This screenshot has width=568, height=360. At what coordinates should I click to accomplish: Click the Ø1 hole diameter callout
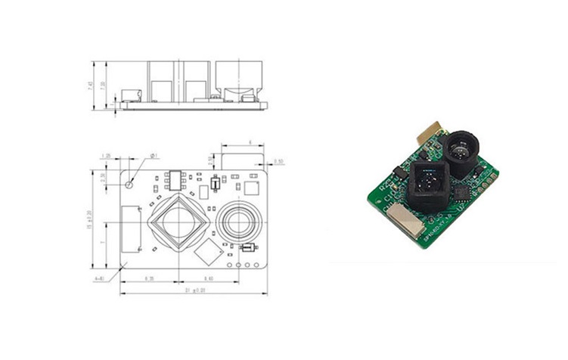pyautogui.click(x=154, y=156)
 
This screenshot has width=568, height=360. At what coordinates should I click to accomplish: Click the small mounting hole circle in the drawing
pyautogui.click(x=132, y=182)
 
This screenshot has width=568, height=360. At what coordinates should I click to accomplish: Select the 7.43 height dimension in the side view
pyautogui.click(x=91, y=85)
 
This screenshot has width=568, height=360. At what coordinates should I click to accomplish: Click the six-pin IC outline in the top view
pyautogui.click(x=175, y=179)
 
